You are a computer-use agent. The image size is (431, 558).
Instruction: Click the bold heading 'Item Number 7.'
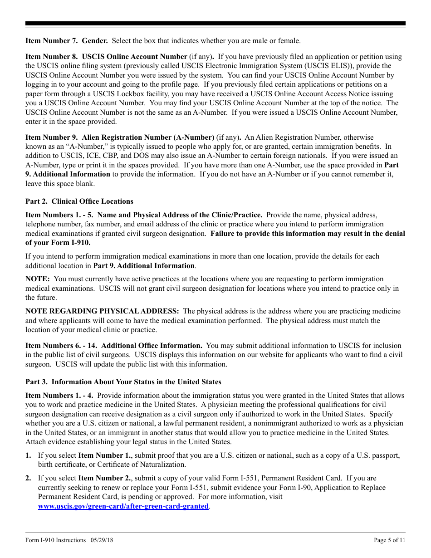point(51,41)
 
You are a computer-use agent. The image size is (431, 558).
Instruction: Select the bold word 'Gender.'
point(95,41)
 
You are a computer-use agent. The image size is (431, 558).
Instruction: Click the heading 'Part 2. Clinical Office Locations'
point(79,201)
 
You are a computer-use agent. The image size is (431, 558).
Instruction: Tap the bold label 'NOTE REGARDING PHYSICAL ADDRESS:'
point(102,311)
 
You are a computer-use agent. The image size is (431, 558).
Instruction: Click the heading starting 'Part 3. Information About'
point(123,382)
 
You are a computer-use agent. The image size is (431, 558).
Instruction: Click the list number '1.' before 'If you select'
point(28,455)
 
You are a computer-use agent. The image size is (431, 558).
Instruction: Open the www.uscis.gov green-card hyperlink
point(123,506)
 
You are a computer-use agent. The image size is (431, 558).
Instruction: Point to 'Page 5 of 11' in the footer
point(389,540)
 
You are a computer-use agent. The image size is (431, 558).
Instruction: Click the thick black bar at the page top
point(215,24)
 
